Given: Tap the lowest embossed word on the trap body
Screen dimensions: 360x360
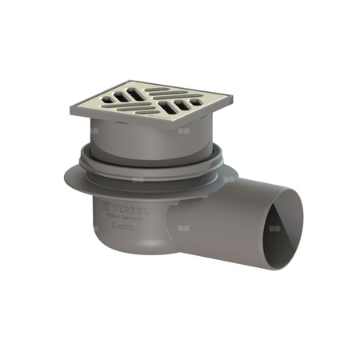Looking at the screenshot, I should (x=122, y=226).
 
